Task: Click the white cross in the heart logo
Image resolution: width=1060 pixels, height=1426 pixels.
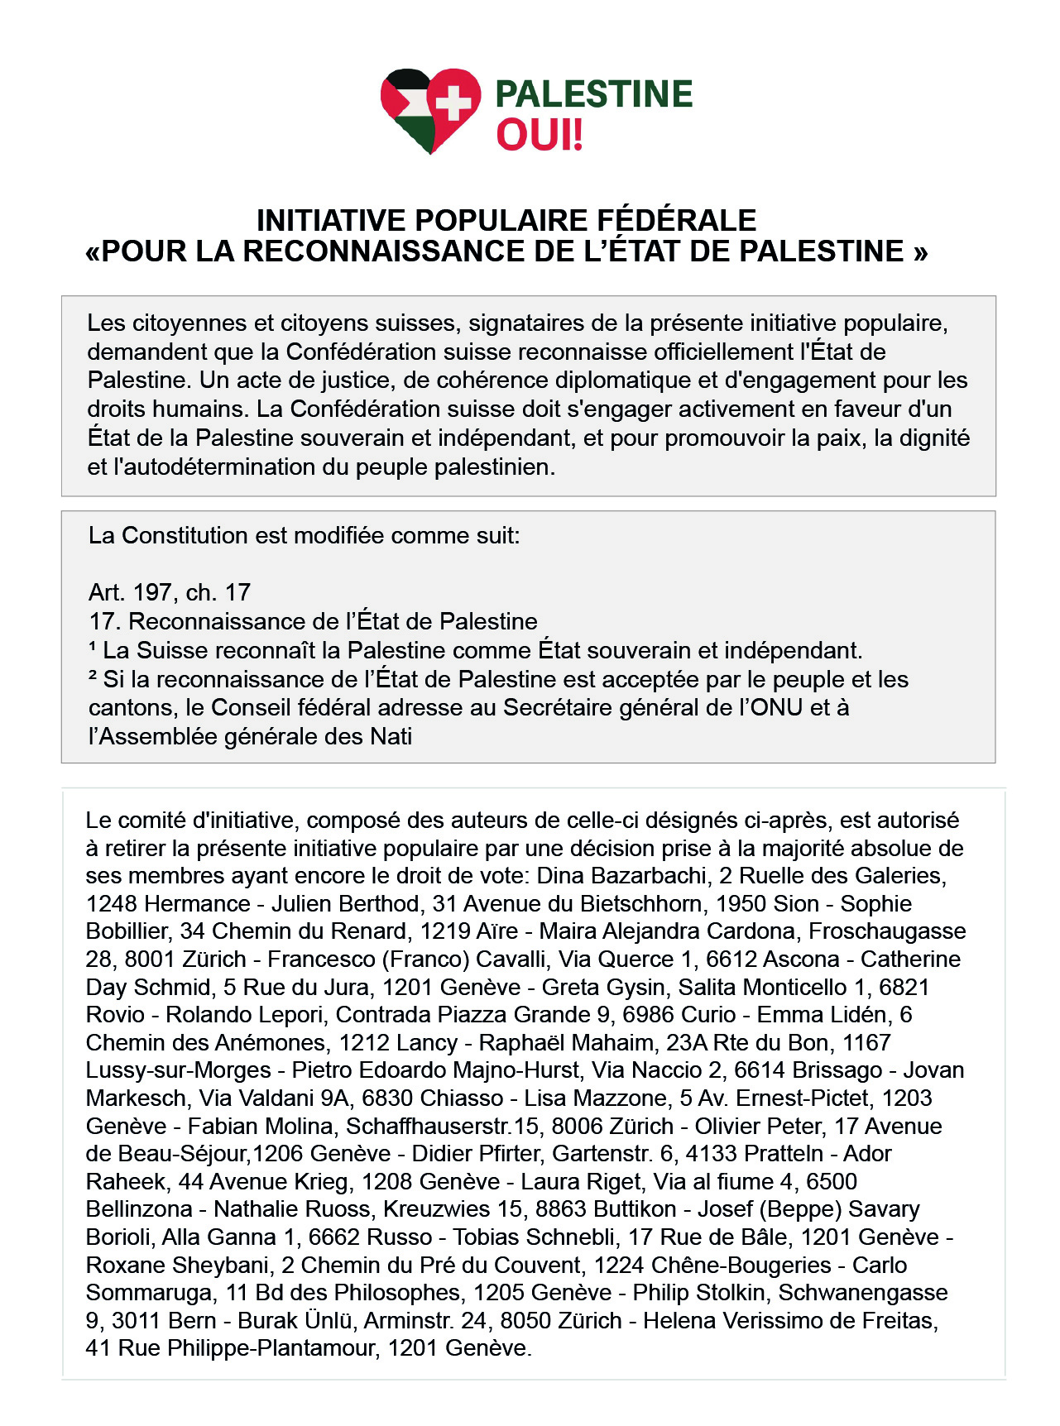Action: click(x=453, y=103)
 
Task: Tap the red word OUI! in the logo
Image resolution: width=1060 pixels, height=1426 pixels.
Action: click(x=540, y=135)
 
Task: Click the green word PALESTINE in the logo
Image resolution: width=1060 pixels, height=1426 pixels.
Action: click(x=593, y=94)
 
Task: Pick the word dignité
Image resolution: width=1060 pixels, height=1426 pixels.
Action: click(x=934, y=438)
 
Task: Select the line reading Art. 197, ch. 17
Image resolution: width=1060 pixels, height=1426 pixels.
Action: click(x=170, y=592)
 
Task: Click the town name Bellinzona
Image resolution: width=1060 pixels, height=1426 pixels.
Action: click(x=139, y=1209)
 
